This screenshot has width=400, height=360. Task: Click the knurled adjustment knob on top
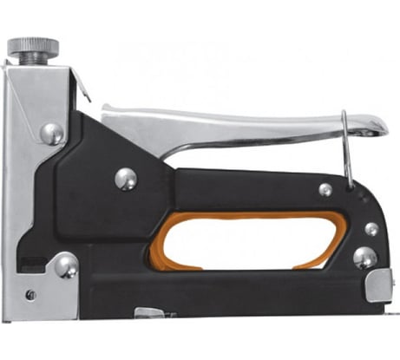[x=35, y=44]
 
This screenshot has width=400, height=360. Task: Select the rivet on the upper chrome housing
[x=51, y=133]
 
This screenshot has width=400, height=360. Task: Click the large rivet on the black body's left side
[x=126, y=178]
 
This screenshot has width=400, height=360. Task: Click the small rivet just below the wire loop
[x=325, y=189]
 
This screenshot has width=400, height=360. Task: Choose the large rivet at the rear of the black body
[x=365, y=258]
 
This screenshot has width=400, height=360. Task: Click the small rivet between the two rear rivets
[x=371, y=228]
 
